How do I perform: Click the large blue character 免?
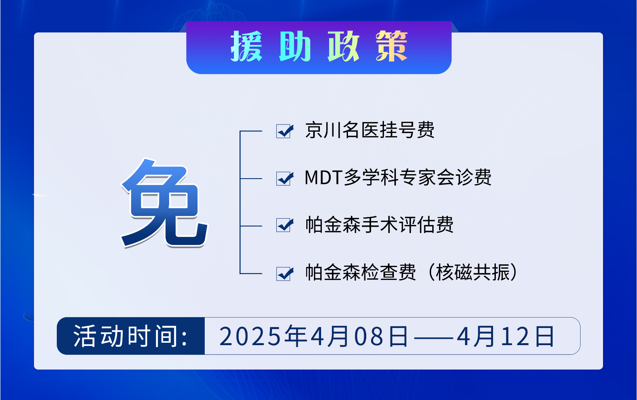tap(165, 203)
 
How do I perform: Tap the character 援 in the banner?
tap(246, 46)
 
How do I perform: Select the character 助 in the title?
tap(295, 46)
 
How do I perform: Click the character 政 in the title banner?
tap(343, 46)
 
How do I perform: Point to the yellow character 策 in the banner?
tap(392, 46)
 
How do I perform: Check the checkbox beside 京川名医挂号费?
tap(284, 131)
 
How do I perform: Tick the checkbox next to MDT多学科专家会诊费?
tap(284, 179)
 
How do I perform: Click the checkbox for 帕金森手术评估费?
tap(284, 225)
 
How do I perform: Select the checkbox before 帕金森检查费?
tap(284, 273)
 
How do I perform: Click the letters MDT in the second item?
tap(323, 178)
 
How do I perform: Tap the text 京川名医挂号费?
tap(370, 130)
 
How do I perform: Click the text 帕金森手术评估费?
tap(379, 225)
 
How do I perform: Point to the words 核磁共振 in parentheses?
tap(473, 272)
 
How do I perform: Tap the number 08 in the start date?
tap(369, 336)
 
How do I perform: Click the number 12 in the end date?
tap(515, 336)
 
